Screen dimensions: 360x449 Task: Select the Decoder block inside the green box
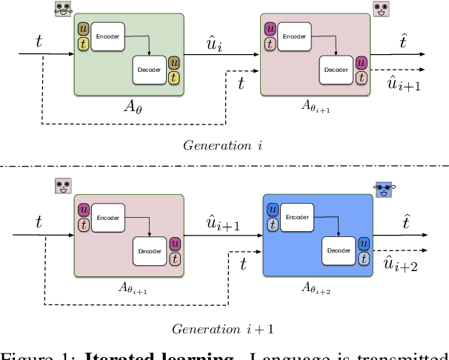[x=150, y=71]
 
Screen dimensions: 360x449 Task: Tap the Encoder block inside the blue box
[x=297, y=216]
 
